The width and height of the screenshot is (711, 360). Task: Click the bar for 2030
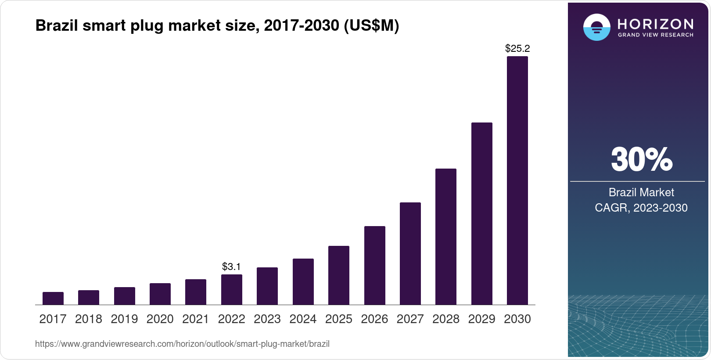517,180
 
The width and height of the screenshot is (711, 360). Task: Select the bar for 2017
53,299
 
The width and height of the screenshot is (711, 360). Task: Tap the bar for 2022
231,290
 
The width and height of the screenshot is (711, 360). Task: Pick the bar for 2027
410,253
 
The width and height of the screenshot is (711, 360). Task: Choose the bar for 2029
481,213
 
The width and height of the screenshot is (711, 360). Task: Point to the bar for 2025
338,275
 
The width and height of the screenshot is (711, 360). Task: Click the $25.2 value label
517,48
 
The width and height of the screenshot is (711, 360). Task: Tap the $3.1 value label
231,266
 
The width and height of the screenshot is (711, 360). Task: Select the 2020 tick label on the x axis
160,319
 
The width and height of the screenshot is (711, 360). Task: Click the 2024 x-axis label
303,319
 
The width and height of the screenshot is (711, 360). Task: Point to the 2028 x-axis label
445,319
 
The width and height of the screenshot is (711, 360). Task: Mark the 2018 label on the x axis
89,319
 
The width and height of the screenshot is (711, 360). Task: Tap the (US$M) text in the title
371,25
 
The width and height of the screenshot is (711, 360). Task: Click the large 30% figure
641,159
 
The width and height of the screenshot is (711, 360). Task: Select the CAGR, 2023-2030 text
641,208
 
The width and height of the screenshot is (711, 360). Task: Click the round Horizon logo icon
596,27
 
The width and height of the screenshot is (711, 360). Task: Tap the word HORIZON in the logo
655,24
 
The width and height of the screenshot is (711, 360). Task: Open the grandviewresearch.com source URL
182,344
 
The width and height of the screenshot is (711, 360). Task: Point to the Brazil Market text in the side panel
641,192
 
